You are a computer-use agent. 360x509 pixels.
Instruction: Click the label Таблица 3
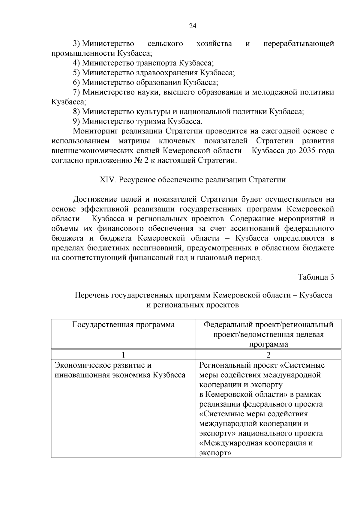point(316,277)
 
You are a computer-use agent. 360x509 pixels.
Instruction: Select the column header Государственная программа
point(123,325)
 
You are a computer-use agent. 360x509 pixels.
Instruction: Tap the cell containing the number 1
point(123,355)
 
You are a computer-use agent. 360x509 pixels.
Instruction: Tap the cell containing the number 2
point(268,355)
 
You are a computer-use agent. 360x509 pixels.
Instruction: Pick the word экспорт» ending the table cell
point(215,453)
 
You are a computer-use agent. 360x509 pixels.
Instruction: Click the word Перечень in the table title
point(91,295)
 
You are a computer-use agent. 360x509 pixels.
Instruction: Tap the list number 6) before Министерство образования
point(76,82)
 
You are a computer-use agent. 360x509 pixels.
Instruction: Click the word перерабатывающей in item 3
point(298,44)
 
